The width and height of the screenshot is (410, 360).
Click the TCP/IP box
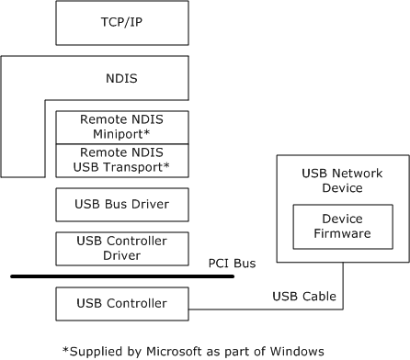pyautogui.click(x=121, y=23)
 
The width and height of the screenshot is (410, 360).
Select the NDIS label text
pyautogui.click(x=121, y=78)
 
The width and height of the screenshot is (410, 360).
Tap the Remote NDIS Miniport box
pyautogui.click(x=121, y=127)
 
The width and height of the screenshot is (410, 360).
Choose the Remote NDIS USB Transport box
pyautogui.click(x=121, y=160)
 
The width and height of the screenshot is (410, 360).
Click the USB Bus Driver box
pyautogui.click(x=121, y=203)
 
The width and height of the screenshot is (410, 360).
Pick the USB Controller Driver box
pyautogui.click(x=121, y=246)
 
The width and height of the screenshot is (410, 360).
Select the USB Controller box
pyautogui.click(x=121, y=303)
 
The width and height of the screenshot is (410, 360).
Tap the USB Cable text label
pyautogui.click(x=304, y=297)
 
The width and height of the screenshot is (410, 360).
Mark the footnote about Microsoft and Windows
pyautogui.click(x=193, y=349)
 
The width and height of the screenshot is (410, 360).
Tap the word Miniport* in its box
pyautogui.click(x=122, y=134)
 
